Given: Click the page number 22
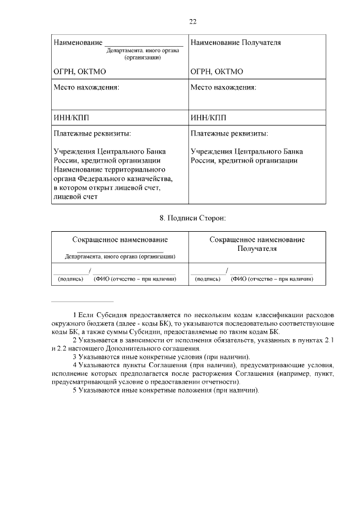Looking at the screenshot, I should (x=192, y=21).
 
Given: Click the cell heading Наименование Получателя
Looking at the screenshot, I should (x=236, y=42).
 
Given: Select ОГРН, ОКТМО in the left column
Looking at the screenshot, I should (x=79, y=72).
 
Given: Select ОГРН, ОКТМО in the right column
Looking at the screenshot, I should (x=217, y=72).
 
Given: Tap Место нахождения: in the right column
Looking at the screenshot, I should (x=223, y=88).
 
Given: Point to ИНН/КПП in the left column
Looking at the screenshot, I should (x=71, y=118).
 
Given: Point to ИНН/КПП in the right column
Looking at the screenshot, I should (x=208, y=118).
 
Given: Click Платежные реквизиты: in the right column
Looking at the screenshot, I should (x=229, y=134).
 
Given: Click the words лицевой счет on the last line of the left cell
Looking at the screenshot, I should (x=75, y=197).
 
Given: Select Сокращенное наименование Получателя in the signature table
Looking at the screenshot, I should (x=257, y=244).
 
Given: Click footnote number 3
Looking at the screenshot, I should (x=75, y=357).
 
